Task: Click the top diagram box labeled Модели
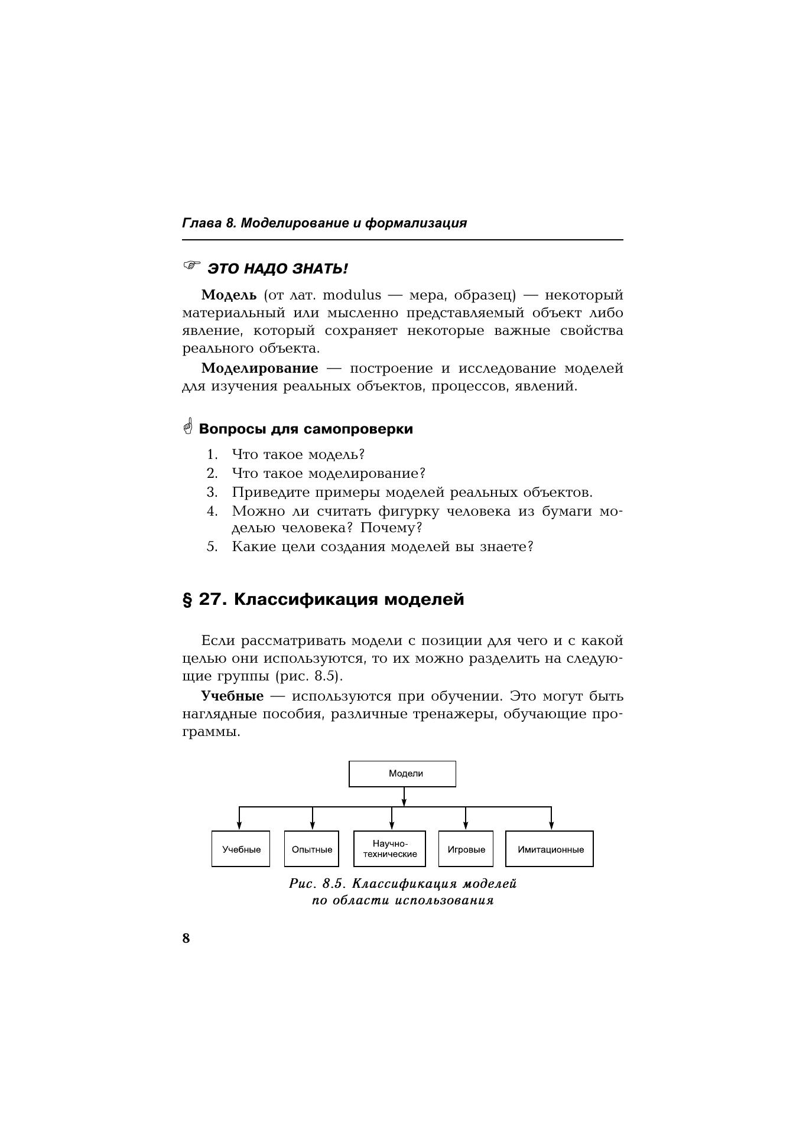[x=402, y=774]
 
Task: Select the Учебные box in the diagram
[x=240, y=849]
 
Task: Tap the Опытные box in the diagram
[x=312, y=849]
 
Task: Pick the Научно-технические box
[x=389, y=849]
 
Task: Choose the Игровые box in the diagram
[x=466, y=849]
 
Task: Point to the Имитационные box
[x=550, y=849]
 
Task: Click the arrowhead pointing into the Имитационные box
[x=551, y=826]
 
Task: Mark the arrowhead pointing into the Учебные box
[x=239, y=826]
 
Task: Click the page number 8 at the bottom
[x=186, y=938]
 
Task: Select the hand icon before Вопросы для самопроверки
[x=188, y=426]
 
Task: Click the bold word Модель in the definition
[x=229, y=295]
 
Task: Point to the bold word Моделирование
[x=259, y=368]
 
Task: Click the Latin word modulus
[x=352, y=295]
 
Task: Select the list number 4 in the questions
[x=212, y=511]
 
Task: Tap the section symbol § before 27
[x=187, y=600]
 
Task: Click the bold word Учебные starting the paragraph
[x=232, y=696]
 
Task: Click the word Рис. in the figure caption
[x=302, y=884]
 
